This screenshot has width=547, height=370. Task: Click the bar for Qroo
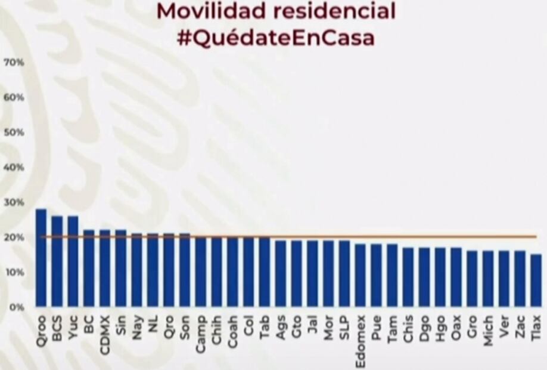click(41, 258)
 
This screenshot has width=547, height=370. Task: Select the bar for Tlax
click(536, 280)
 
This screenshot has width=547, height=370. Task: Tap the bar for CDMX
click(105, 268)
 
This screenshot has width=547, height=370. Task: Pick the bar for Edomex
click(360, 275)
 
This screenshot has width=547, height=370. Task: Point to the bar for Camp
click(201, 272)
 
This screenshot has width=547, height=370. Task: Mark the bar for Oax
click(456, 277)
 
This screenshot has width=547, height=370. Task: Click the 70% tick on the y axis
click(14, 62)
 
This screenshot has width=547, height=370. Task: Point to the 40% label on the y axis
click(14, 167)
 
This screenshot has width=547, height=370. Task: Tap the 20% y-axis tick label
click(14, 238)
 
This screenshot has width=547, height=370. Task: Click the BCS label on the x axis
click(57, 328)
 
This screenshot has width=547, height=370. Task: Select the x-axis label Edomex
click(360, 339)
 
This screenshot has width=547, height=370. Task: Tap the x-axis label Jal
click(312, 325)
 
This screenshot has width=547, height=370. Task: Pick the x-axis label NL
click(153, 323)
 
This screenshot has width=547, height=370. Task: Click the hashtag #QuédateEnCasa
click(276, 38)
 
